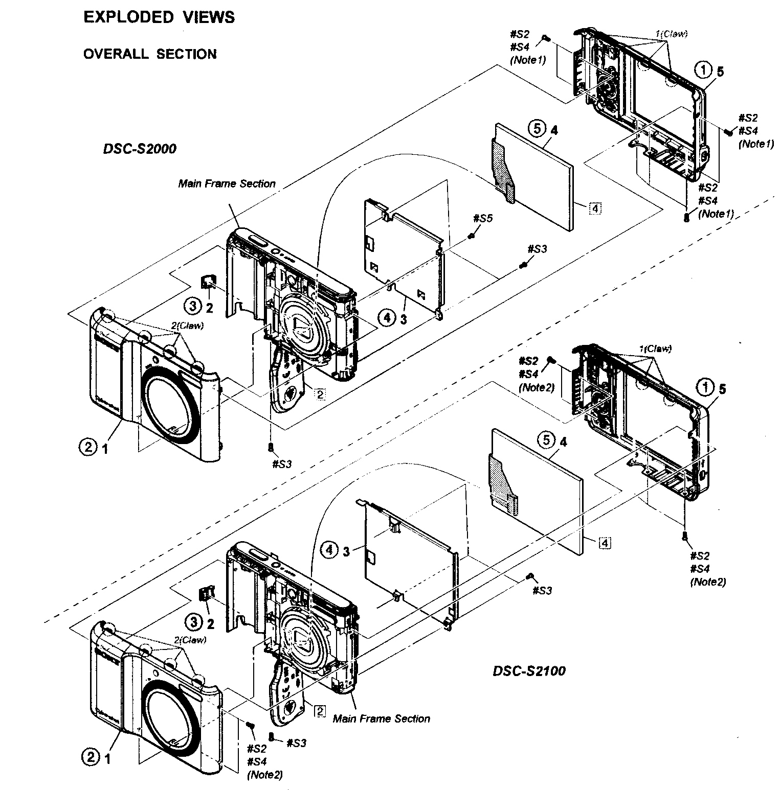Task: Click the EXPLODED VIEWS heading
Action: click(x=159, y=17)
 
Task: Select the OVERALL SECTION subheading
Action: click(x=150, y=54)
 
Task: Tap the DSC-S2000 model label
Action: click(x=140, y=149)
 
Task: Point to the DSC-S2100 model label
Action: click(x=529, y=671)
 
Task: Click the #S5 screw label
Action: click(x=482, y=218)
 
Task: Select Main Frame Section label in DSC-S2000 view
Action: click(x=227, y=183)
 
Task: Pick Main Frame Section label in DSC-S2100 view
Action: click(x=381, y=718)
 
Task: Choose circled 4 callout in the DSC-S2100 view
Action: click(x=329, y=550)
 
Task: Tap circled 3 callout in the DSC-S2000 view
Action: click(x=192, y=306)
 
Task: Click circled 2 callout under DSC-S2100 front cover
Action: click(x=91, y=759)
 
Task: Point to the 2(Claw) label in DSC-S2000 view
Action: click(x=189, y=327)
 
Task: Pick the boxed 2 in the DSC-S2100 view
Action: click(x=319, y=711)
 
